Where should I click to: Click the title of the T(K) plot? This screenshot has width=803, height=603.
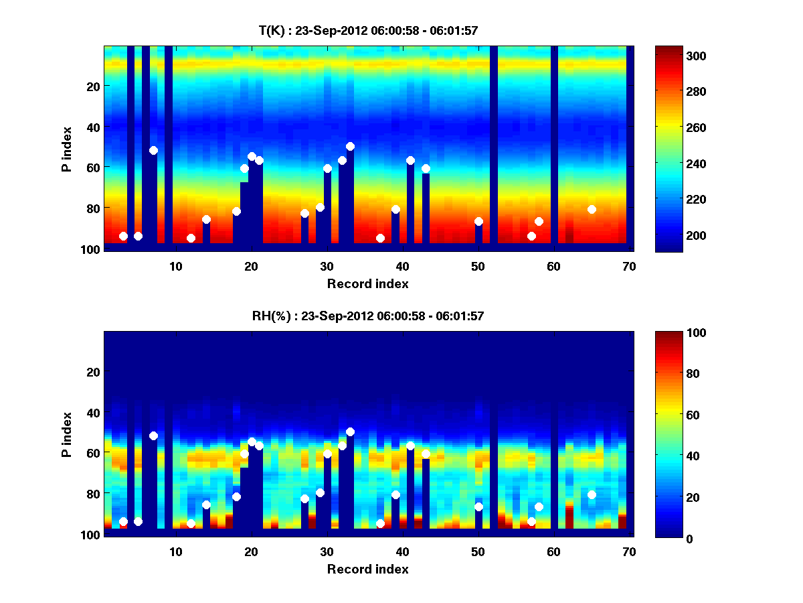(368, 31)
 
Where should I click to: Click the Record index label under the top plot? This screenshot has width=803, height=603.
(367, 283)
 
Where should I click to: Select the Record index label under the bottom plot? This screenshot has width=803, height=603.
(367, 569)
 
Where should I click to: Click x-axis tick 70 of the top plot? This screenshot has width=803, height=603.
(629, 266)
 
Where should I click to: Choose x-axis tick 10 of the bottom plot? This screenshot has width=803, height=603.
(175, 551)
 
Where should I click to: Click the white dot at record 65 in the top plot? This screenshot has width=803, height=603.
(592, 209)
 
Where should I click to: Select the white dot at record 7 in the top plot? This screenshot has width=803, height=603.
(153, 150)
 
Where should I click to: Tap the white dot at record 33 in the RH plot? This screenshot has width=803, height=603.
(350, 431)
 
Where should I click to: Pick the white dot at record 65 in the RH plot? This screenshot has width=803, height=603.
(592, 494)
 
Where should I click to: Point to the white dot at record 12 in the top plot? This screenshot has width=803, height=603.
(191, 238)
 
